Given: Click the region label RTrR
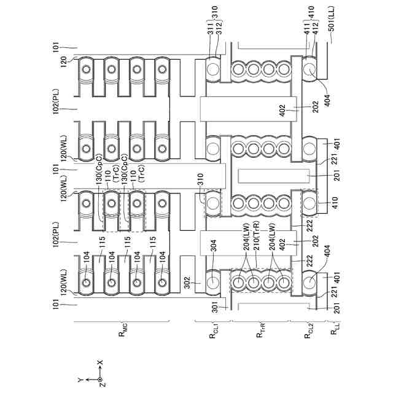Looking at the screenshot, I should (x=259, y=336).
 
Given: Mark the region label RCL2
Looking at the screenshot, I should (x=309, y=336).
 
